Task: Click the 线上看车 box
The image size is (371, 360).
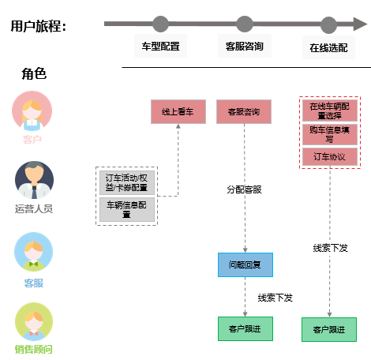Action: (178, 112)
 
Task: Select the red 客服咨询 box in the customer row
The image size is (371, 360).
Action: (244, 112)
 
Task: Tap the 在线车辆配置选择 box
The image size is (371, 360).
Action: (330, 111)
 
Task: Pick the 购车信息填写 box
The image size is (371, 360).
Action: (330, 134)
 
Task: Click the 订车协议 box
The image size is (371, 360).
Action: (330, 157)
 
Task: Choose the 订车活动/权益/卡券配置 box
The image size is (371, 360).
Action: (127, 182)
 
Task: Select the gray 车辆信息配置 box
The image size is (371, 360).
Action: (127, 210)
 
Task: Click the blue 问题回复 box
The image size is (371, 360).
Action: (245, 264)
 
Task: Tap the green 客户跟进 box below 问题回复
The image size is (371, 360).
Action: (245, 328)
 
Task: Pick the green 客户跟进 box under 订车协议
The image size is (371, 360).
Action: (329, 329)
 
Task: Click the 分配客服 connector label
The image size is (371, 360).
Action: (244, 189)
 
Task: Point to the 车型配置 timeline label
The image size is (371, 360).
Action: (160, 47)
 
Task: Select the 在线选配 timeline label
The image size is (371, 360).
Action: (328, 48)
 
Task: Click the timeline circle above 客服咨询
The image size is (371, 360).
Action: (245, 24)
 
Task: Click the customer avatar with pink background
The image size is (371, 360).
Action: (32, 111)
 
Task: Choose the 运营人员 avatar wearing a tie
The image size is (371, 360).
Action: (34, 180)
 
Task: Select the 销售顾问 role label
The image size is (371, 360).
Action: (33, 350)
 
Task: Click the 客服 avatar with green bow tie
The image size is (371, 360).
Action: (33, 252)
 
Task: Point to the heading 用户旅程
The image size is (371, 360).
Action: (39, 26)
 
